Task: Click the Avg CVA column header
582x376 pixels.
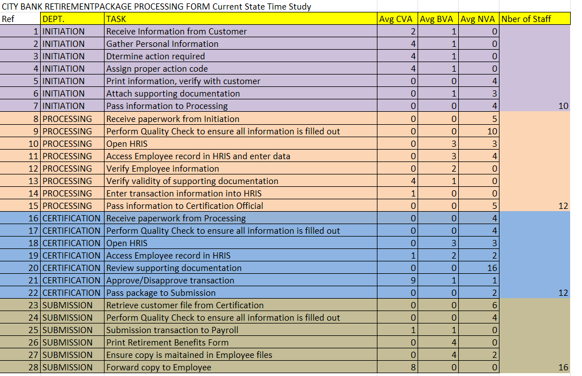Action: [x=396, y=19]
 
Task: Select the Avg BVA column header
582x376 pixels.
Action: [x=437, y=19]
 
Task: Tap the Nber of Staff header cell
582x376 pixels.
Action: [x=526, y=19]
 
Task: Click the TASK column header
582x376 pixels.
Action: [x=116, y=19]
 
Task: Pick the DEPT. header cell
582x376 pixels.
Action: [x=54, y=19]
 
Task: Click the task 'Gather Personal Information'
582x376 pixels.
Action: [x=162, y=44]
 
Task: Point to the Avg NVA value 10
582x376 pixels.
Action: [x=492, y=132]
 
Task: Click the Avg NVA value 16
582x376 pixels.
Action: [x=492, y=268]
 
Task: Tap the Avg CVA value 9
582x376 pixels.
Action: [x=413, y=281]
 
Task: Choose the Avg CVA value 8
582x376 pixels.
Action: [x=413, y=368]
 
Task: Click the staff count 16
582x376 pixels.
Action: [x=562, y=368]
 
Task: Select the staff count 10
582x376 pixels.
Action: [x=562, y=106]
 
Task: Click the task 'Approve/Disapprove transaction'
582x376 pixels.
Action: [x=170, y=281]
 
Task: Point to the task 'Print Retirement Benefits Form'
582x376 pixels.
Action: [x=167, y=343]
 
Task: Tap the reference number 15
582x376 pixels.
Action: [x=33, y=206]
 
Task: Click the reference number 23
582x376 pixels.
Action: [x=33, y=305]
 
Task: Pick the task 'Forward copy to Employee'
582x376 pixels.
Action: [x=159, y=368]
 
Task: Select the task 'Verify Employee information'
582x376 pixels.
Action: [x=163, y=169]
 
